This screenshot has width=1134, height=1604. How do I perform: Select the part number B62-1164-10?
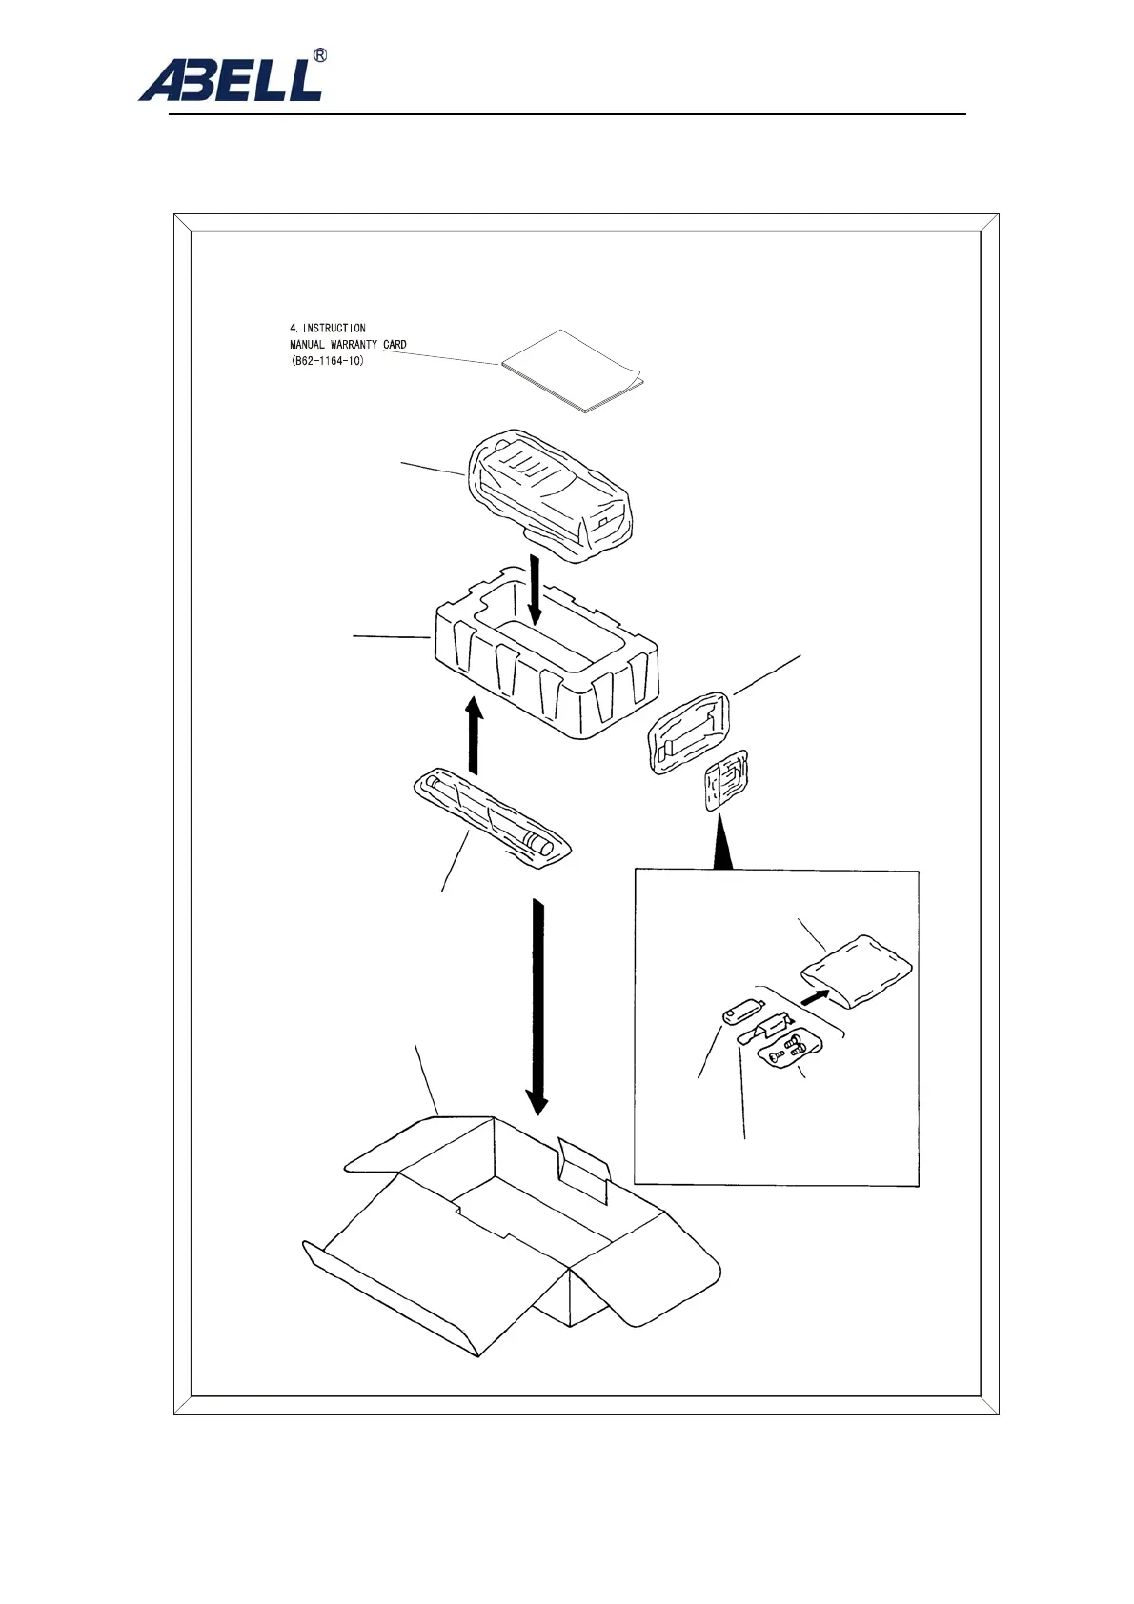click(328, 361)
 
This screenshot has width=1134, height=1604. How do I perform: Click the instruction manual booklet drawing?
click(573, 372)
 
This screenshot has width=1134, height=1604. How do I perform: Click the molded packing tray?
click(547, 657)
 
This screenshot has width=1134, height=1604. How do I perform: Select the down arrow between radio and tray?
click(536, 590)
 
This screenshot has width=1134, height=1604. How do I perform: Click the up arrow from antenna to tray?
click(473, 734)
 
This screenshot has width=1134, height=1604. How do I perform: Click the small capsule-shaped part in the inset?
click(741, 1012)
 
